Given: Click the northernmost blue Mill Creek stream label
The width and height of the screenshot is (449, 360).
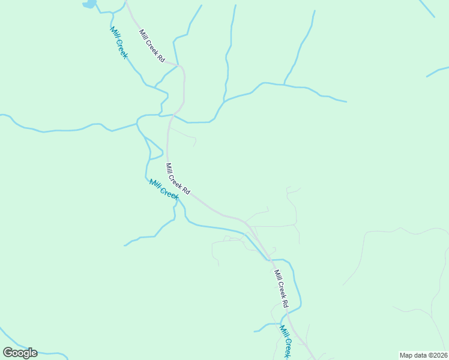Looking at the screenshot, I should coord(119,42).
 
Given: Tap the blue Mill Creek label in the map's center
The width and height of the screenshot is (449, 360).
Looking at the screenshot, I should coord(164,190).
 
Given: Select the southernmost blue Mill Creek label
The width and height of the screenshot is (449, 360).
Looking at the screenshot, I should coord(285,341).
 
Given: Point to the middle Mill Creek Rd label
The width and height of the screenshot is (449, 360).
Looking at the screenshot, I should coord(178,179).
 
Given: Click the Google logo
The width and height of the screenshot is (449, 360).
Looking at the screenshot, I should coord(20,353).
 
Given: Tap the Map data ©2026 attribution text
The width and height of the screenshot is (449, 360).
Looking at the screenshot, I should coord(423,355).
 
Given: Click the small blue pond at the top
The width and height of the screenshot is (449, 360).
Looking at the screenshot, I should coord(89,4).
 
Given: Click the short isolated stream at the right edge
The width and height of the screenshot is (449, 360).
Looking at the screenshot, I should coord(437,72).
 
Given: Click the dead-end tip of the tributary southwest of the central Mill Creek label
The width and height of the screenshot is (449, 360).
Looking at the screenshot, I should coord(125,245).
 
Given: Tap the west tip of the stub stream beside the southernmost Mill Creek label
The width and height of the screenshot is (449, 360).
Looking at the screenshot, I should coord(255,331).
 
